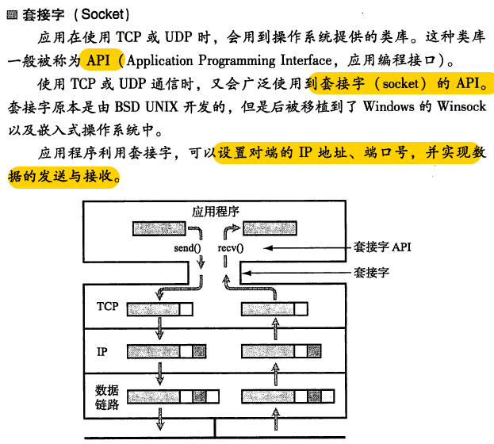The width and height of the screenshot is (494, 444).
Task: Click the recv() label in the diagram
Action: [230, 248]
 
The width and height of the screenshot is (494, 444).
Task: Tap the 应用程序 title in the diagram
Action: [216, 212]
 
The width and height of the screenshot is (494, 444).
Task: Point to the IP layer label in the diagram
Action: [101, 350]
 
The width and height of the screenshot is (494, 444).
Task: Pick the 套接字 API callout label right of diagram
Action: [382, 247]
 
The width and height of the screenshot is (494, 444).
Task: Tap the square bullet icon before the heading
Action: [11, 15]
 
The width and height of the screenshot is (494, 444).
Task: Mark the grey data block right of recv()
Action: [274, 229]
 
